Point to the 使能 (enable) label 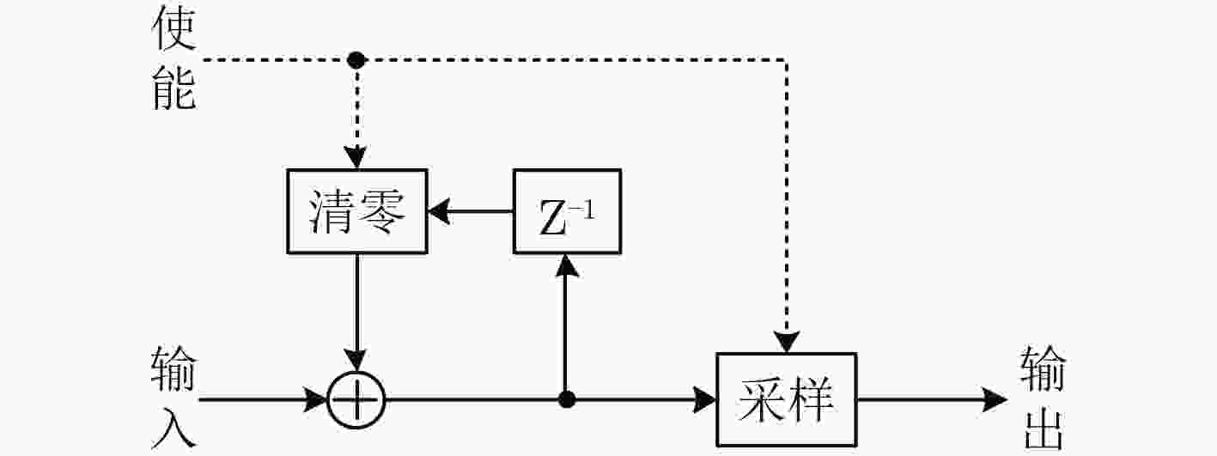[173, 58]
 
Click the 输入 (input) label [173, 396]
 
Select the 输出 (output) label [1044, 397]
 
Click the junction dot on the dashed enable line [356, 60]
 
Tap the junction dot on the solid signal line [566, 399]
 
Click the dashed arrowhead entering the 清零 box [356, 157]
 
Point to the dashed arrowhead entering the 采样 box [787, 341]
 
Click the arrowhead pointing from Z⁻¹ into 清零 [440, 211]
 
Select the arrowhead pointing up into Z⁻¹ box [567, 265]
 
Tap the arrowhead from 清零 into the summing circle [356, 360]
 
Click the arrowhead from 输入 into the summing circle [316, 400]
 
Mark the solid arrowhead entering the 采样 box [704, 400]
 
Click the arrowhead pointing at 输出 [995, 400]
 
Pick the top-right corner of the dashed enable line [787, 60]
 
